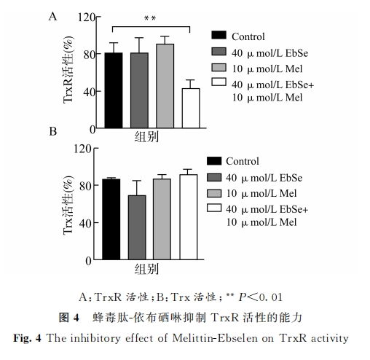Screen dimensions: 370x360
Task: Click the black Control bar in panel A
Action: pyautogui.click(x=114, y=90)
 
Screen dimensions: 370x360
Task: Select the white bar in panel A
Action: pyautogui.click(x=191, y=108)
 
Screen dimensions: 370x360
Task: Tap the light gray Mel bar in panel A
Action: pyautogui.click(x=165, y=86)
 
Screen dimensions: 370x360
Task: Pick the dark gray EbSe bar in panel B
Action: pyautogui.click(x=137, y=227)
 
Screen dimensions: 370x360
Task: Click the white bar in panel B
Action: pyautogui.click(x=189, y=217)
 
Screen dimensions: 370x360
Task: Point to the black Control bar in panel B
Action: pyautogui.click(x=111, y=219)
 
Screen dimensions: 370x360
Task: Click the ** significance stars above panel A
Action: pyautogui.click(x=150, y=18)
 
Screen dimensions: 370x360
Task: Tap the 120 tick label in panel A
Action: pyautogui.click(x=87, y=17)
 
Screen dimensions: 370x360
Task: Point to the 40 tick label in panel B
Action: pyautogui.click(x=85, y=223)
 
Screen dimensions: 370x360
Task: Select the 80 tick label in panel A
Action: pyautogui.click(x=89, y=55)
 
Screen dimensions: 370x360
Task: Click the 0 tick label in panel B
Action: pyautogui.click(x=88, y=261)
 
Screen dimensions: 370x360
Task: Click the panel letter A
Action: pyautogui.click(x=52, y=17)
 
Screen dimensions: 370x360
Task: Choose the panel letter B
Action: pyautogui.click(x=53, y=131)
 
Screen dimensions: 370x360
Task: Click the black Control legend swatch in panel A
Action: pyautogui.click(x=219, y=35)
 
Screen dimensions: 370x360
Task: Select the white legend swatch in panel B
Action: pyautogui.click(x=214, y=208)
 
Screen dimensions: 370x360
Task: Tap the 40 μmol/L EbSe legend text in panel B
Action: pyautogui.click(x=264, y=178)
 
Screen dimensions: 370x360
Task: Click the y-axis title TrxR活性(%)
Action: pyautogui.click(x=68, y=70)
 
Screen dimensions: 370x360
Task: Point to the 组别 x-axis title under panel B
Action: pyautogui.click(x=146, y=269)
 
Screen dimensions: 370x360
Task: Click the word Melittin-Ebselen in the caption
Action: pyautogui.click(x=215, y=338)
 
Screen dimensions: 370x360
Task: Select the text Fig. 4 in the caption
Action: pyautogui.click(x=27, y=338)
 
